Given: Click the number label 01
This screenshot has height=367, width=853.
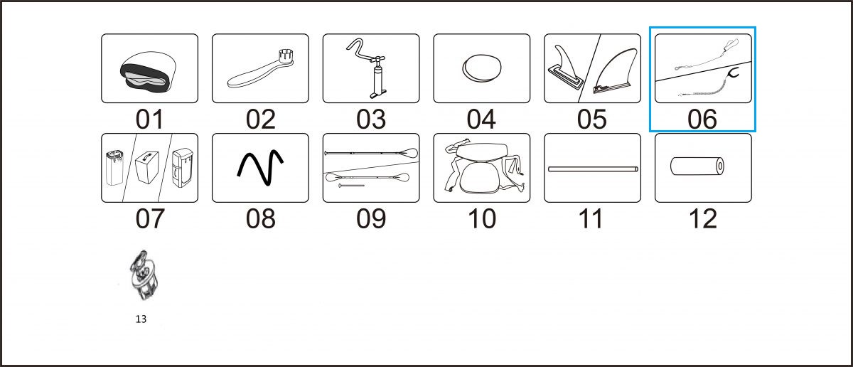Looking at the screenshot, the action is click(150, 119).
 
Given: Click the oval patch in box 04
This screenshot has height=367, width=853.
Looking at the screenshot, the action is click(482, 68).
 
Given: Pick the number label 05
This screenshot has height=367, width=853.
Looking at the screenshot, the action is click(591, 119).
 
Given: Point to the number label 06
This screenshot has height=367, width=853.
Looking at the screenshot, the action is click(702, 119).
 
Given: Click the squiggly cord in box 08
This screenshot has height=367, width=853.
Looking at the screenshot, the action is click(260, 168).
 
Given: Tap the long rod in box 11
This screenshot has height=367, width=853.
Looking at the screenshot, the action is click(593, 169).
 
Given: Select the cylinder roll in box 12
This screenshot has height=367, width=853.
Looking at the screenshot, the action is click(697, 166).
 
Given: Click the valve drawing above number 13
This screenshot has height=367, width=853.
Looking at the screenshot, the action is click(143, 275).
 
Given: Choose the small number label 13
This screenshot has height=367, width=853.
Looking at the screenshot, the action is click(141, 319).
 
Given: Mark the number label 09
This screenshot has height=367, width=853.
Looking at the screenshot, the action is click(371, 219).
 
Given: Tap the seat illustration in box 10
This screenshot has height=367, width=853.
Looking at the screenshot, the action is click(484, 167).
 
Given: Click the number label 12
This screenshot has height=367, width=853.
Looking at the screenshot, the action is click(703, 219).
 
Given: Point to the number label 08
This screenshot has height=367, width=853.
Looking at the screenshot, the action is click(260, 219).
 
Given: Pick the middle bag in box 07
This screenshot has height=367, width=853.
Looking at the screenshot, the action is click(147, 167).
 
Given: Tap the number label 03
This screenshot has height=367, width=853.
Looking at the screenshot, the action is click(371, 119).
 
